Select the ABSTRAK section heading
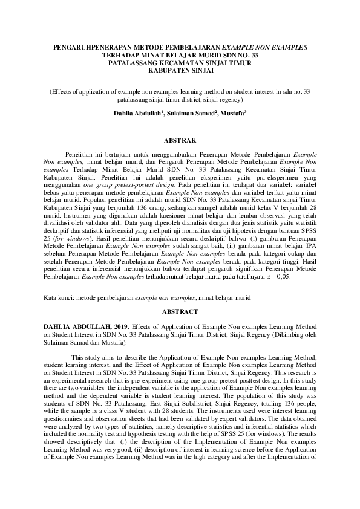click(180, 140)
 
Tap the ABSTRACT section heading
click(180, 311)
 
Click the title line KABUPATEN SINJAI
click(180, 70)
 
